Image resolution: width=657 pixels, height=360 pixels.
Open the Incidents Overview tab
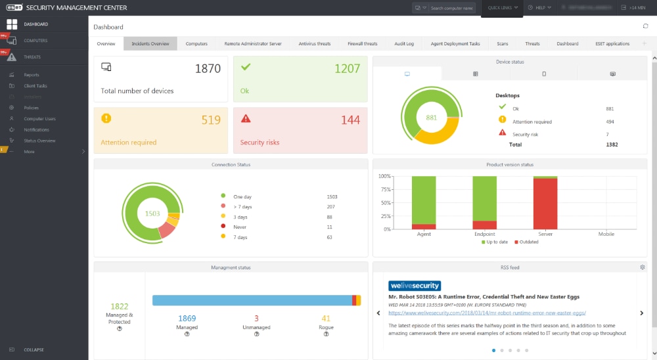tap(150, 44)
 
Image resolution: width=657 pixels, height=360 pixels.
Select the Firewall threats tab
tap(363, 44)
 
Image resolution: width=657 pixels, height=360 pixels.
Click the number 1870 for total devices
tap(208, 68)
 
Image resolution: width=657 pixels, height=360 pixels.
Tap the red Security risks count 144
tap(350, 120)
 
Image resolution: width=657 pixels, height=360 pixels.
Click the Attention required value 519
tap(210, 120)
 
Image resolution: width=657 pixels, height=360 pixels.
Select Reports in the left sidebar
tap(32, 75)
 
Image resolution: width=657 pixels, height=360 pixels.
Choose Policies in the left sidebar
tap(31, 108)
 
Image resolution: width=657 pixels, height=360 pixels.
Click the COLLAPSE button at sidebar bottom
tap(34, 349)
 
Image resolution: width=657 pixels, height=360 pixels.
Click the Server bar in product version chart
tap(545, 203)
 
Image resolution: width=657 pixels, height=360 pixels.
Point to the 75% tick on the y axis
tap(384, 190)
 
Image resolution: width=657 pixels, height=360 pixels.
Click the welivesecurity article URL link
tap(487, 313)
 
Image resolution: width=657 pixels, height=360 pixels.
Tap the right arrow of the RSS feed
tap(641, 313)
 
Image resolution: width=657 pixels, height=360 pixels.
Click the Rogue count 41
tap(326, 319)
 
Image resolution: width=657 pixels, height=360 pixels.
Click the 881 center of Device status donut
tap(431, 118)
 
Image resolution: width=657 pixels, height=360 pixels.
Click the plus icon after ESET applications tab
tap(644, 44)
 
